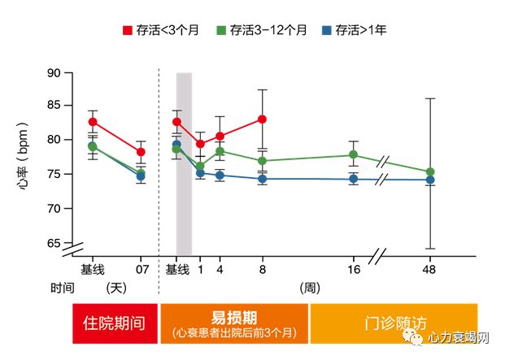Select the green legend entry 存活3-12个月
(x=261, y=30)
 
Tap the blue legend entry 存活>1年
(x=355, y=30)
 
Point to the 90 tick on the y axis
(x=54, y=73)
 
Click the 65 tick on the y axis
(x=54, y=244)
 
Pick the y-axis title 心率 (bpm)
(x=24, y=157)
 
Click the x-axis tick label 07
(x=141, y=269)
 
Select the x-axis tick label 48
(x=430, y=269)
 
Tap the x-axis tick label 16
(x=353, y=269)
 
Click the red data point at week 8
(x=262, y=119)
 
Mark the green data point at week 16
(x=353, y=154)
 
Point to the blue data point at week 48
(x=430, y=180)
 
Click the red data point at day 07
(x=141, y=152)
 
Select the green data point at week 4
(x=220, y=151)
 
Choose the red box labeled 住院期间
(x=115, y=322)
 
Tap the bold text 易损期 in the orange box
(x=234, y=317)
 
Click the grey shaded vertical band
(x=184, y=163)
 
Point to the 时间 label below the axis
(x=62, y=288)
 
